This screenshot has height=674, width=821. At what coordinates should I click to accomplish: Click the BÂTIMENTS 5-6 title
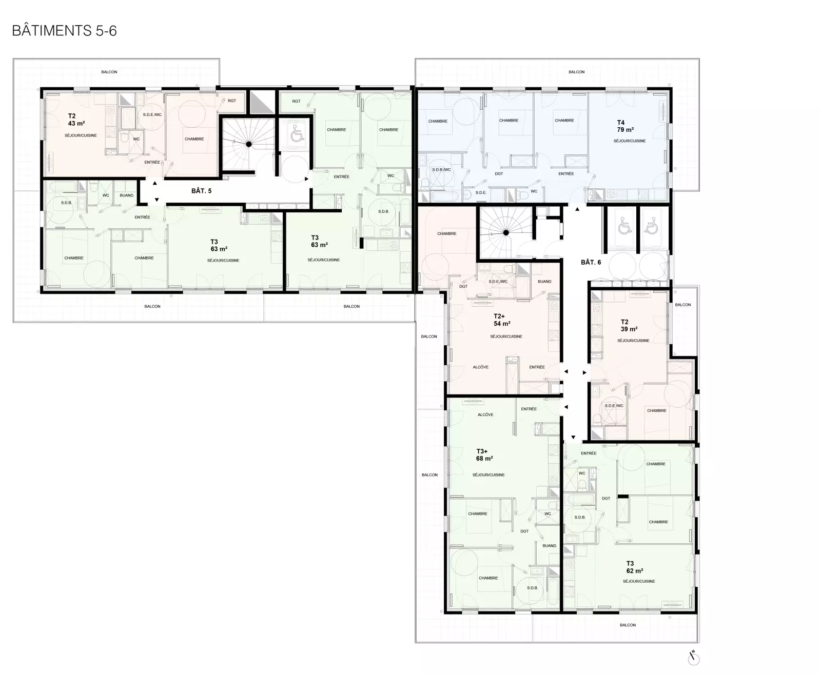[64, 31]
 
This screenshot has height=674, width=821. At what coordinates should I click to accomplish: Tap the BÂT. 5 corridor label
[201, 191]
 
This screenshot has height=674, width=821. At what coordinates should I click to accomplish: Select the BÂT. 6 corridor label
[591, 262]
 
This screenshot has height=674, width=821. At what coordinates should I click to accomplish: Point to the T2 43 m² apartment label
[76, 120]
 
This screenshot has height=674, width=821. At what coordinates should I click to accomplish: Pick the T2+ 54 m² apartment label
[502, 320]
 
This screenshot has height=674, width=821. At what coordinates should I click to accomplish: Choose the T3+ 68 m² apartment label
[485, 455]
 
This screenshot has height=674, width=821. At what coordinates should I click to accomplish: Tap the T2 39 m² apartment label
[629, 325]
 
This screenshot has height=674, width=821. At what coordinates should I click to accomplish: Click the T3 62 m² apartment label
[635, 567]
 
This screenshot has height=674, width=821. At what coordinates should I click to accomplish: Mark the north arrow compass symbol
[693, 659]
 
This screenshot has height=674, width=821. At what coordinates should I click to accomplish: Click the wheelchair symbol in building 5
[297, 134]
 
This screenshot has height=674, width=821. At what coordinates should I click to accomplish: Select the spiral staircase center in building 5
[249, 144]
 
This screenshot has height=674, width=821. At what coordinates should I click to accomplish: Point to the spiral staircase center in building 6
[505, 233]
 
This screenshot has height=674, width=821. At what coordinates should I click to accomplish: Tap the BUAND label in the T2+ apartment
[544, 282]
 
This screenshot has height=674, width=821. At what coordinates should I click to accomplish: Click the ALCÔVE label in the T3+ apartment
[485, 414]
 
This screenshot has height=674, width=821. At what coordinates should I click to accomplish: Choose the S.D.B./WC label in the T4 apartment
[441, 170]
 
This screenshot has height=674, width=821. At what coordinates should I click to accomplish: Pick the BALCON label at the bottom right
[628, 625]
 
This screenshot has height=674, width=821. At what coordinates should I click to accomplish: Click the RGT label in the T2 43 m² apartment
[231, 101]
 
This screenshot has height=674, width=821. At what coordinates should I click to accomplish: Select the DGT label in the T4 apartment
[499, 174]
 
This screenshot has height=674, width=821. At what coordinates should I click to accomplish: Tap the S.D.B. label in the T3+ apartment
[532, 588]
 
